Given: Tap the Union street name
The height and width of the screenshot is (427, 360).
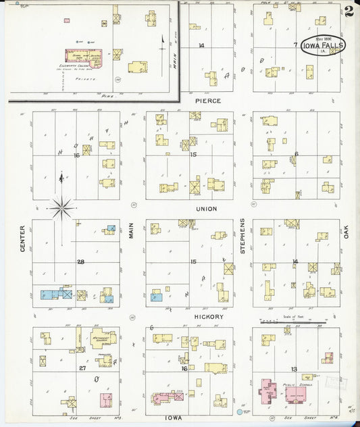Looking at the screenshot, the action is [x=207, y=209].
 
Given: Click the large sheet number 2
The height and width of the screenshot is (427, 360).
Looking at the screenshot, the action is [x=348, y=12].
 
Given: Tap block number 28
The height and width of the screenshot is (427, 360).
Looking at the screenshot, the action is [x=80, y=261].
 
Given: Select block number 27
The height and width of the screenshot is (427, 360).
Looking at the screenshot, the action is [x=82, y=368].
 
